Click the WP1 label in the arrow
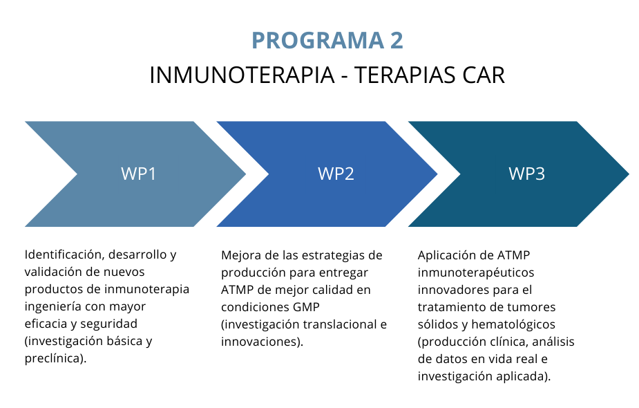coord(138,174)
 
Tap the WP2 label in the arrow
coord(336,174)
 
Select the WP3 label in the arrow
coord(526,174)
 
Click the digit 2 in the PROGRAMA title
coord(396,41)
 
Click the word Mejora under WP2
coord(240,254)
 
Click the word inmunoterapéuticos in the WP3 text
coord(475,272)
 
